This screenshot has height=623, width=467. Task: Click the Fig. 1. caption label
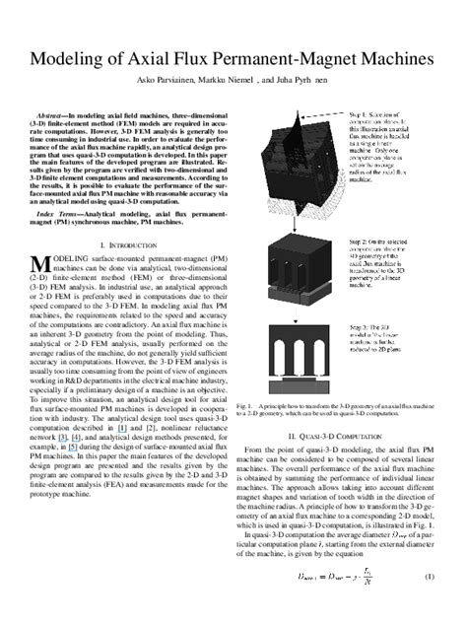tap(245, 460)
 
